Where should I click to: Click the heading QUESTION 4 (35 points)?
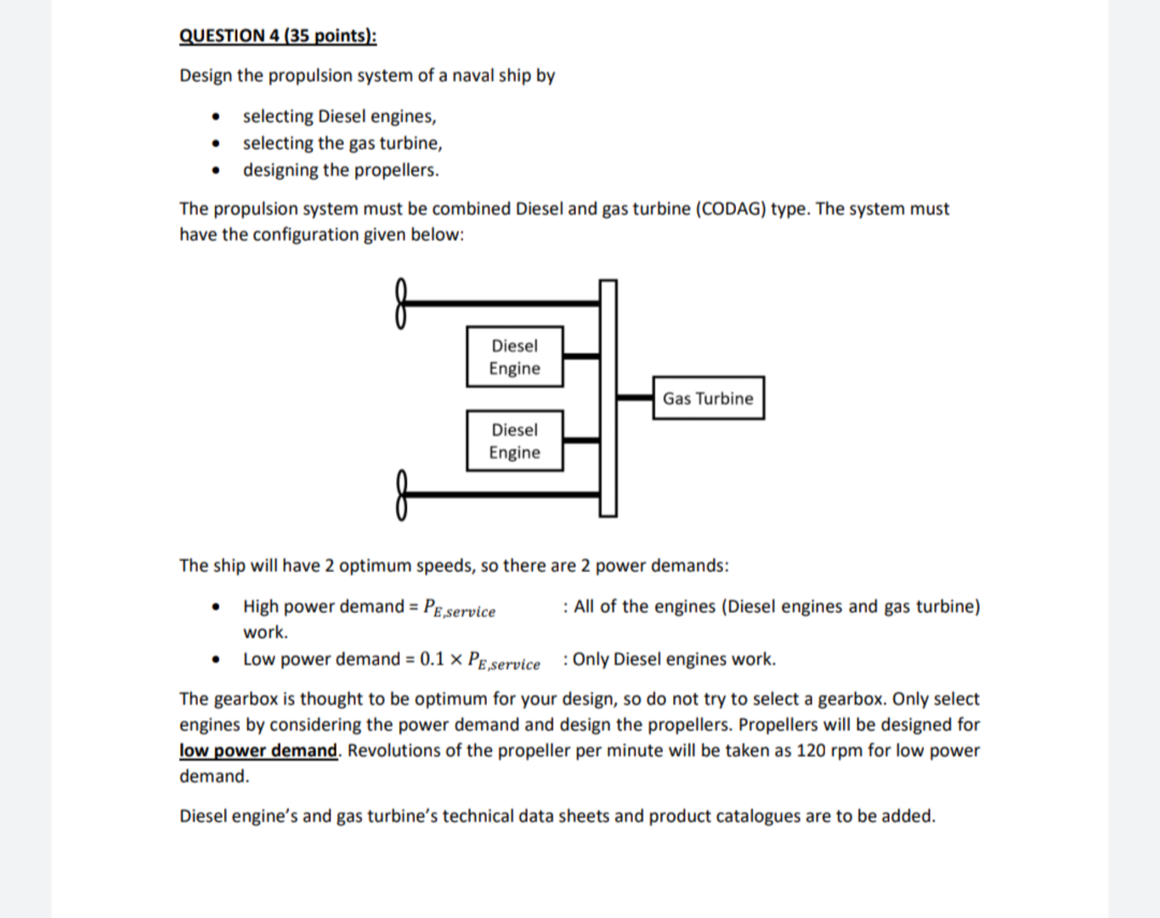277,36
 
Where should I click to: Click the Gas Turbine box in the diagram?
708,398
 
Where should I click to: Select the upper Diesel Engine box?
514,357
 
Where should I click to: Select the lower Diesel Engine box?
514,441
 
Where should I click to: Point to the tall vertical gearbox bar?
608,398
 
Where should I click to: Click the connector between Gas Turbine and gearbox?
634,397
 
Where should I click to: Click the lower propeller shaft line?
501,494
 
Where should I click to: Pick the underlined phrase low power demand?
258,751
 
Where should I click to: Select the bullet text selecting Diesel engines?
339,116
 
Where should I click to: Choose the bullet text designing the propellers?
341,170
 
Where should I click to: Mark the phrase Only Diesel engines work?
674,660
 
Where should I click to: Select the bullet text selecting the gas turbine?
342,143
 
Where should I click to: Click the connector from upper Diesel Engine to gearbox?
581,356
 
